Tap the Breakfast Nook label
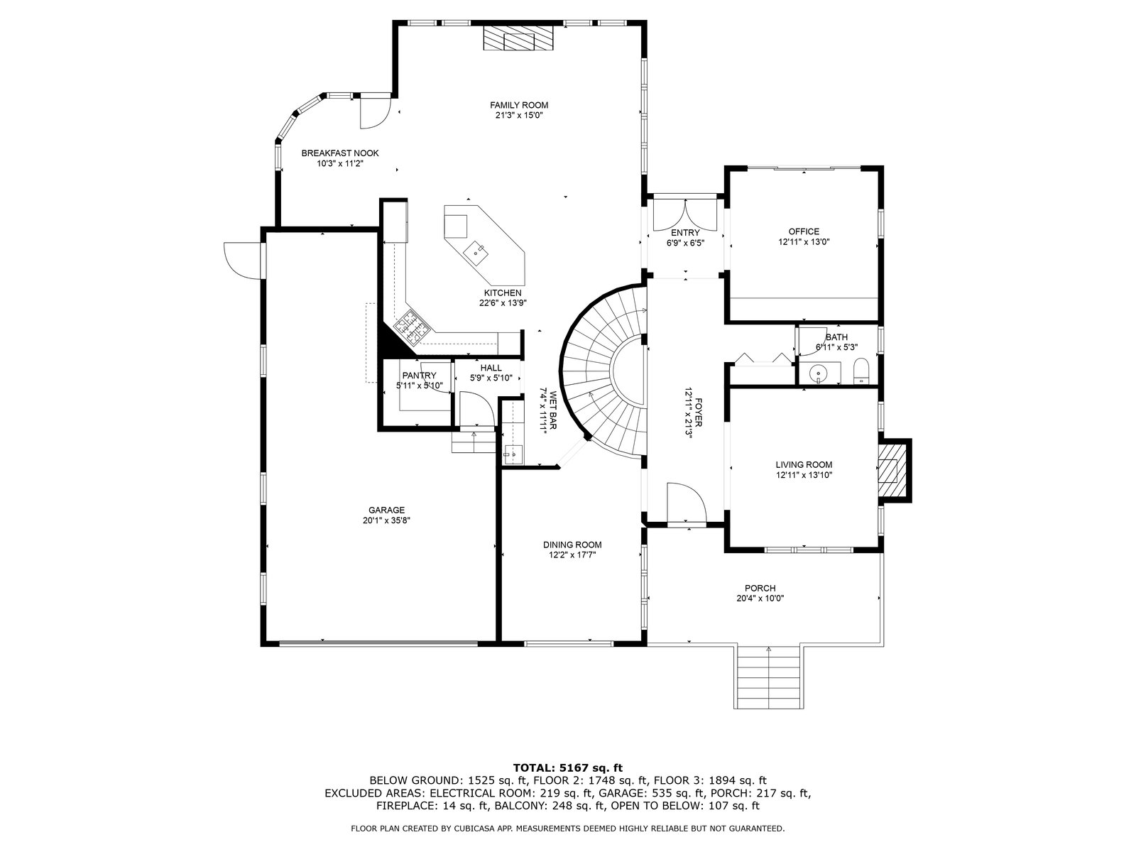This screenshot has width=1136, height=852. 339,153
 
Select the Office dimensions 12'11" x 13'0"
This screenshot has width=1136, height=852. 804,241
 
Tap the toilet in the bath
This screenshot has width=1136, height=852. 861,371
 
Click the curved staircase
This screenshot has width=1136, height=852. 600,369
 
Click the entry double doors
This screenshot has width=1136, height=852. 684,213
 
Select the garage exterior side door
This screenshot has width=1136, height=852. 241,259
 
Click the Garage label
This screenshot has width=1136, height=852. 386,510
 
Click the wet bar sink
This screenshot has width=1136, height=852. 513,452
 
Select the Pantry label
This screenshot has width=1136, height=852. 418,376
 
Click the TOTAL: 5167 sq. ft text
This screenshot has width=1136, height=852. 567,767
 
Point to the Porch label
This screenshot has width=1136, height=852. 760,588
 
